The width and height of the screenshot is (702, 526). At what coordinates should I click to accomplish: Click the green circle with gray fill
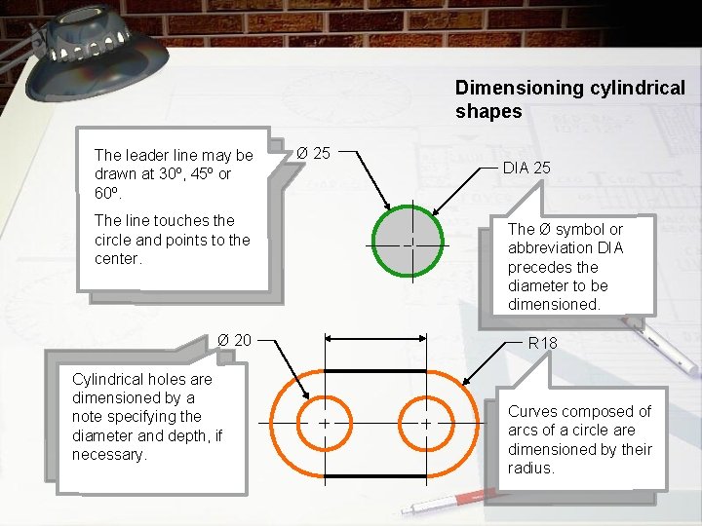(410, 244)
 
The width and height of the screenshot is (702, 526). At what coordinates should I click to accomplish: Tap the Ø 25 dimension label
(313, 153)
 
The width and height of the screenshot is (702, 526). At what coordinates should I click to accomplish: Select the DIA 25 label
(526, 168)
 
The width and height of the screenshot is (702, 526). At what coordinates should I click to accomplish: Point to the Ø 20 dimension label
(234, 339)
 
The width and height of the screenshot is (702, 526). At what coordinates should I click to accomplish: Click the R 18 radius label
(542, 343)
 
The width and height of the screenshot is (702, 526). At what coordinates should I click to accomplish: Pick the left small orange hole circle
(323, 424)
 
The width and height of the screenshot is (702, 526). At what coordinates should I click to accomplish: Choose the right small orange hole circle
(426, 424)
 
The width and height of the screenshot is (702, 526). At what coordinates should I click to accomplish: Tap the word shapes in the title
(488, 111)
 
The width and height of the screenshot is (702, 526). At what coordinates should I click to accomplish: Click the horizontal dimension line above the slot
(375, 337)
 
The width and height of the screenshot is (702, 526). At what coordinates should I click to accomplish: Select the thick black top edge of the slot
(375, 371)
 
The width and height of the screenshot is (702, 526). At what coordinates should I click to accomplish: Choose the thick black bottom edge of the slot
(375, 476)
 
